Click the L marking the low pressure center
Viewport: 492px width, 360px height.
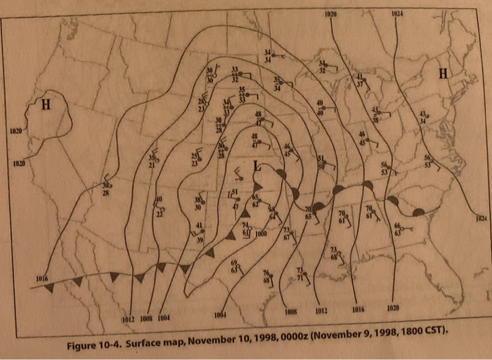pos(257,166)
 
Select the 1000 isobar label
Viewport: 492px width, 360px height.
pos(261,233)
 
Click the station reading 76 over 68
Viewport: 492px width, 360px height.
pos(266,277)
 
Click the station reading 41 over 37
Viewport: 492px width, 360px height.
pos(359,79)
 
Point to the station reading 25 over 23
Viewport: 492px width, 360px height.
pos(195,159)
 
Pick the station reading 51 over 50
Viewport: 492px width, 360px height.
pos(321,162)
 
